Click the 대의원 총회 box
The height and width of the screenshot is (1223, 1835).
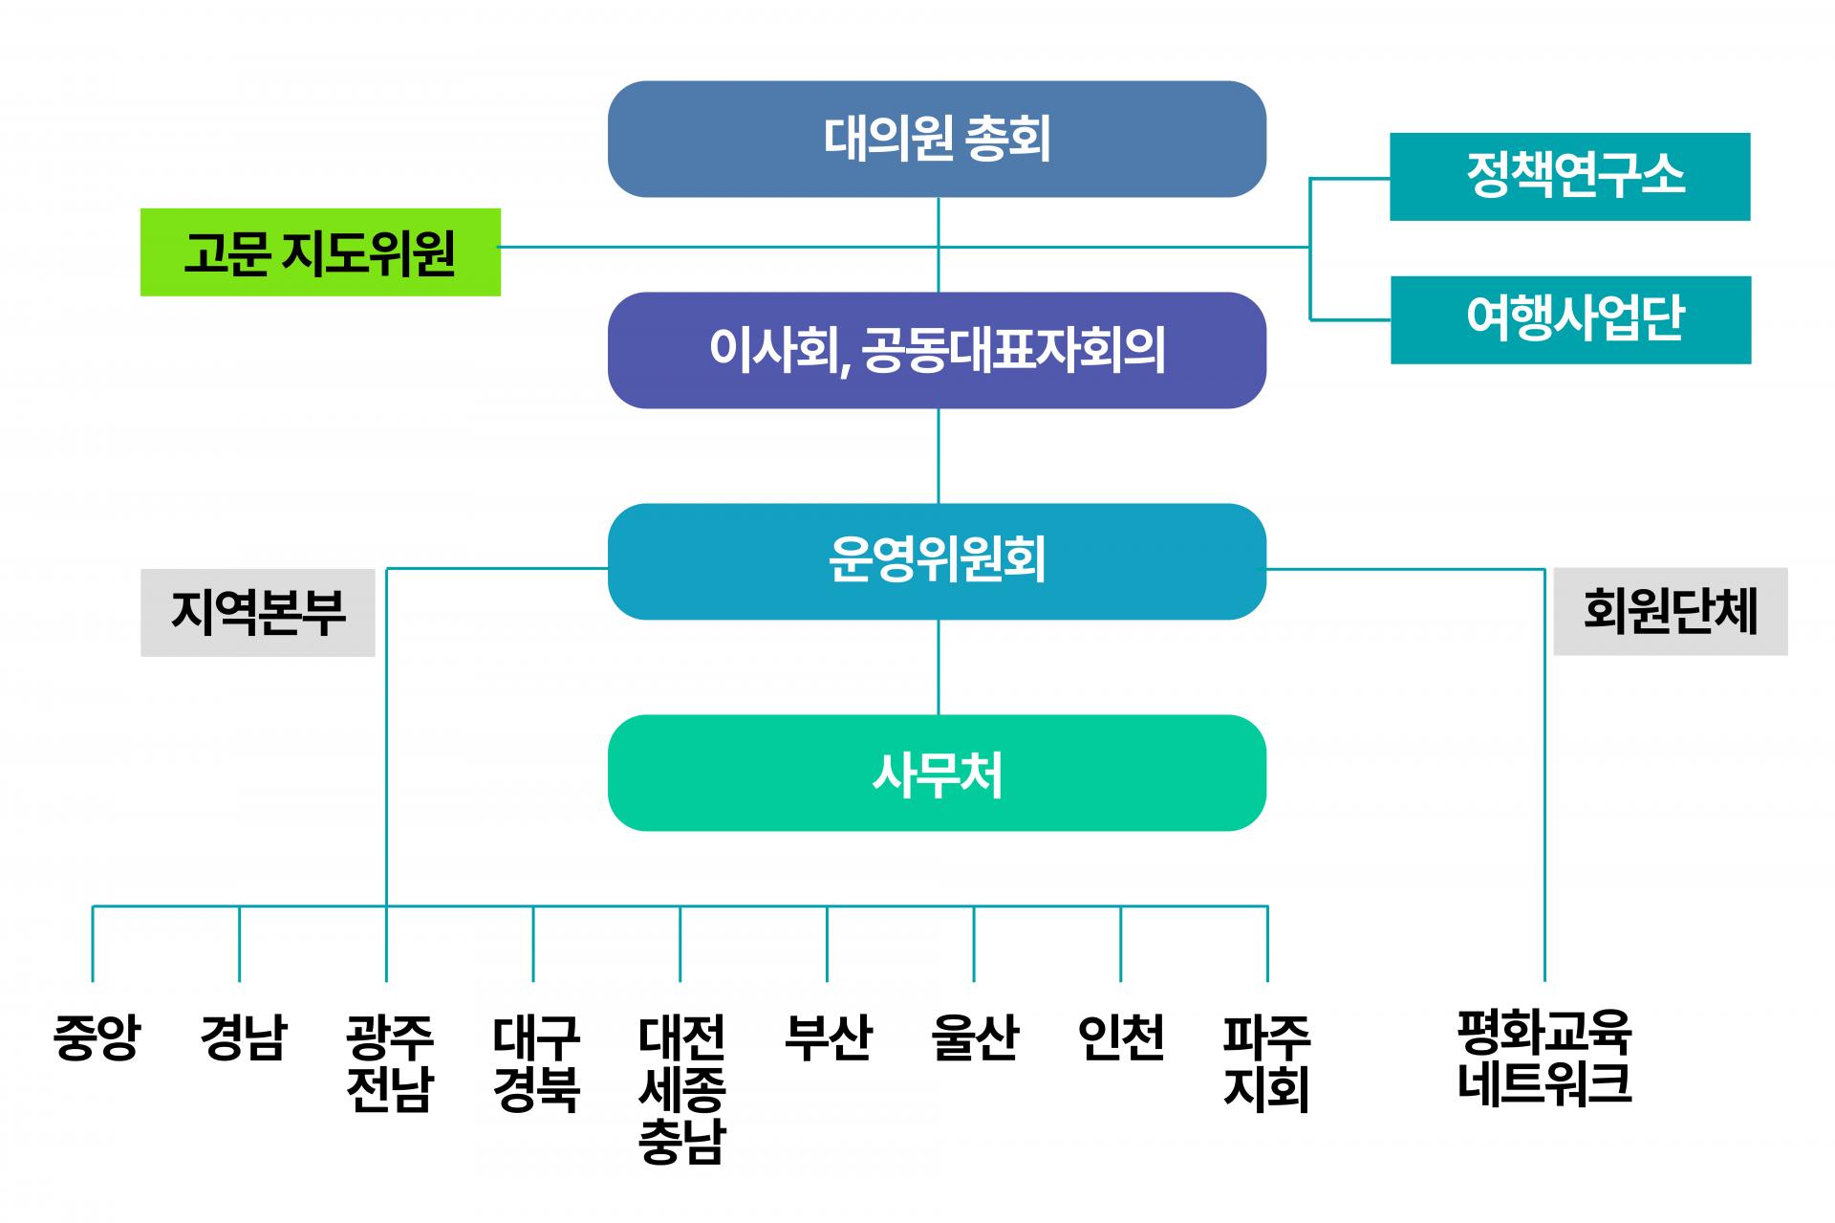[937, 140]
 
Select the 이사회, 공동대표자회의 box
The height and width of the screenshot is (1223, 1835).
[937, 350]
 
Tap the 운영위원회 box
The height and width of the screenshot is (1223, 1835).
[937, 561]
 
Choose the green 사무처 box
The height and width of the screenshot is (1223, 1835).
[937, 773]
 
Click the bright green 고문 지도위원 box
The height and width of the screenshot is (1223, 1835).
[320, 252]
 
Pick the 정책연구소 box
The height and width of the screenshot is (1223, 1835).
[1569, 177]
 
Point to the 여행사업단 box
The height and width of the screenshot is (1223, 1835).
[1570, 320]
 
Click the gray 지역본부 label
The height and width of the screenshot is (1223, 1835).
[257, 613]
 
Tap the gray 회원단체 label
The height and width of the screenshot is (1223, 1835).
[1670, 612]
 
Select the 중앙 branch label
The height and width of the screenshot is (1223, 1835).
[96, 1037]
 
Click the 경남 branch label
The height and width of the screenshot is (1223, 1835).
[243, 1037]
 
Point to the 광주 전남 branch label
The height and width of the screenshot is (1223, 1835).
[389, 1062]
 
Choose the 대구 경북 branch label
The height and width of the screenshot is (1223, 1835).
[536, 1062]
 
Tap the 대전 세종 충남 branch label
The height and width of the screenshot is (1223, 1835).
[681, 1088]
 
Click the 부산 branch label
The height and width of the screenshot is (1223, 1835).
[828, 1037]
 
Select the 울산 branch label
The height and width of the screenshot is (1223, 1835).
[974, 1037]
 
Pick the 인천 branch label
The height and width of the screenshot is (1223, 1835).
[1120, 1037]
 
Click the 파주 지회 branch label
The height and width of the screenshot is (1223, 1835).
[1266, 1062]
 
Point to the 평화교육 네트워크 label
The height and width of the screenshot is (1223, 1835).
[1544, 1058]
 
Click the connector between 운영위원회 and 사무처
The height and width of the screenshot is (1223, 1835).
[938, 667]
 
